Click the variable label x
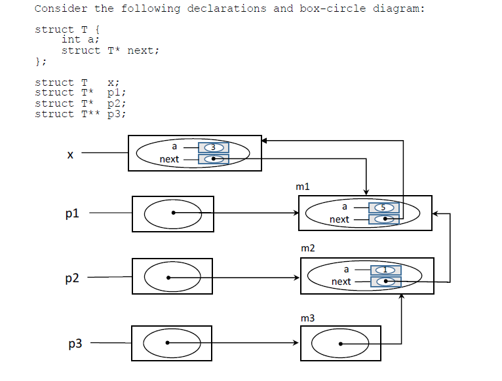tap(69, 154)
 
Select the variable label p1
tap(72, 213)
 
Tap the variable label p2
tap(72, 278)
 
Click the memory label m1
tap(303, 187)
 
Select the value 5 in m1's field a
tap(384, 208)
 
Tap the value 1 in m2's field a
tap(386, 270)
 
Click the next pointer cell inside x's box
tap(213, 159)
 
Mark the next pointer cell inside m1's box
tap(384, 219)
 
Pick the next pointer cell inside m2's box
tap(386, 281)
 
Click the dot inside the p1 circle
tap(173, 213)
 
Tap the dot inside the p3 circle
tap(168, 343)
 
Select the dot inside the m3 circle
tap(339, 343)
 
